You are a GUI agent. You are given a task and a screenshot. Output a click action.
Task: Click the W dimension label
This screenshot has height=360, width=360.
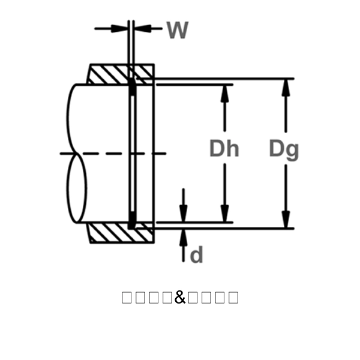coord(177,30)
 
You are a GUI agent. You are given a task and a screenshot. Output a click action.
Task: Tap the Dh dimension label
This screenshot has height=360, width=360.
coord(224,148)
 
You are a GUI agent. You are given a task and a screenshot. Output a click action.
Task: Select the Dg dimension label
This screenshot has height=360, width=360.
coord(283,149)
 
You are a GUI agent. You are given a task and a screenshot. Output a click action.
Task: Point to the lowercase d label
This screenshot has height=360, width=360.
coord(196,256)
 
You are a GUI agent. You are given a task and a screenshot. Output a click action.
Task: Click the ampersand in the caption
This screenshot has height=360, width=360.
coord(181,297)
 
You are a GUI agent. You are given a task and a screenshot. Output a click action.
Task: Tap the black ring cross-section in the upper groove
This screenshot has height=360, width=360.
coord(132,89)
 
